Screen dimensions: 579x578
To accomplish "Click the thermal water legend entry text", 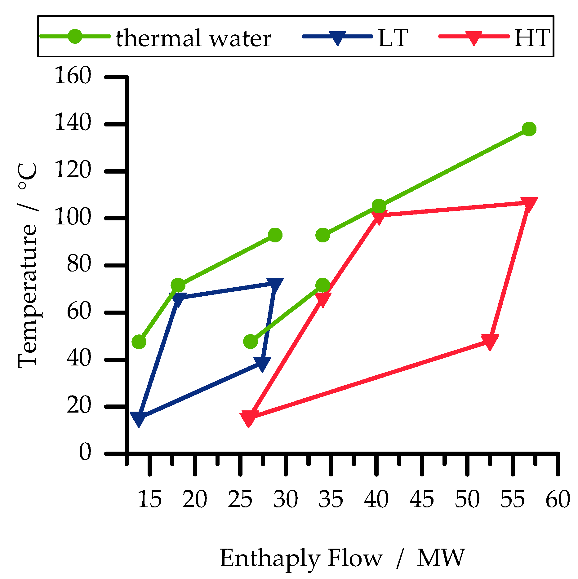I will pyautogui.click(x=193, y=38).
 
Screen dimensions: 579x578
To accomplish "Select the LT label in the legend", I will pyautogui.click(x=393, y=38).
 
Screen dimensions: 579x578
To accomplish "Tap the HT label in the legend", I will pyautogui.click(x=531, y=38).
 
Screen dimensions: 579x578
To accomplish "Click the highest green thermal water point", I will pyautogui.click(x=529, y=129).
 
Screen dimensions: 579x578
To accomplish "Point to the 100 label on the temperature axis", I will pyautogui.click(x=73, y=217).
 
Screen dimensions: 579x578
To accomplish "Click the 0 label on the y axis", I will pyautogui.click(x=85, y=452).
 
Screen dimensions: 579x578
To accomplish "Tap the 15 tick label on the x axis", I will pyautogui.click(x=149, y=499).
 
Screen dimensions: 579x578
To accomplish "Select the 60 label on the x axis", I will pyautogui.click(x=558, y=499).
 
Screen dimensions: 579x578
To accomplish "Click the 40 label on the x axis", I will pyautogui.click(x=376, y=499).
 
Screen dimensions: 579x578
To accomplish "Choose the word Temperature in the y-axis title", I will pyautogui.click(x=27, y=296).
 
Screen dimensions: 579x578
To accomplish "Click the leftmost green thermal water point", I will pyautogui.click(x=139, y=342).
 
